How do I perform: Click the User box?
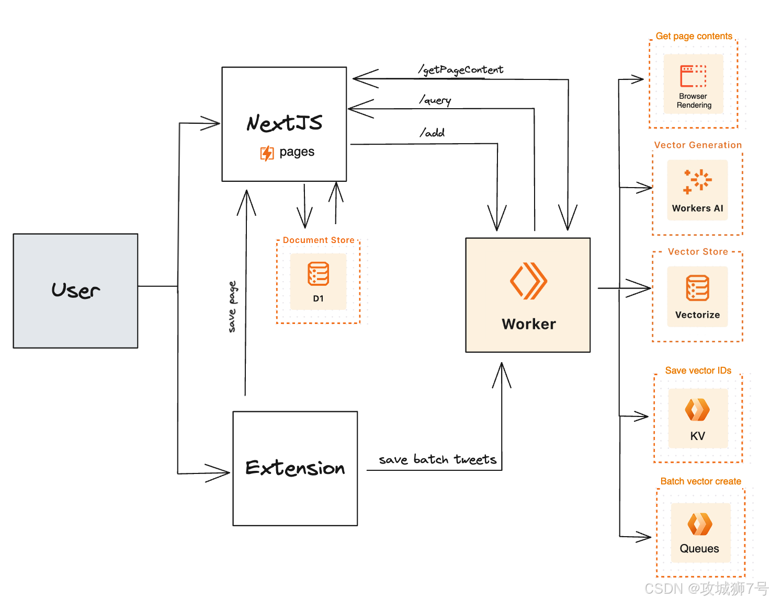pyautogui.click(x=75, y=291)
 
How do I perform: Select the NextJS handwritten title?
pyautogui.click(x=285, y=123)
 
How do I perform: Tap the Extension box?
pyautogui.click(x=295, y=468)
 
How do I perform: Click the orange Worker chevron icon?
pyautogui.click(x=528, y=281)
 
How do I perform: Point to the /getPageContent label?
pyautogui.click(x=461, y=70)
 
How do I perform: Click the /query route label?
pyautogui.click(x=435, y=100)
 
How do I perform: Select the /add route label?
pyautogui.click(x=432, y=133)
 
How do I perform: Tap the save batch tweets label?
pyautogui.click(x=437, y=459)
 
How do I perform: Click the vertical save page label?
pyautogui.click(x=232, y=307)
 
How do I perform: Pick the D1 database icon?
pyautogui.click(x=318, y=274)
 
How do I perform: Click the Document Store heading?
pyautogui.click(x=319, y=240)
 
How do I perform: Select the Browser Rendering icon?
pyautogui.click(x=693, y=76)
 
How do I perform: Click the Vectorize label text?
pyautogui.click(x=697, y=315)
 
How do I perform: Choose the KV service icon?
pyautogui.click(x=697, y=410)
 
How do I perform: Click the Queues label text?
pyautogui.click(x=699, y=548)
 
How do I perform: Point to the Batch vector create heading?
pyautogui.click(x=700, y=481)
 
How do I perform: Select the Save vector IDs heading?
pyautogui.click(x=698, y=370)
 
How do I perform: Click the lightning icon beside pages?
pyautogui.click(x=267, y=153)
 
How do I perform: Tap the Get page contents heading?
pyautogui.click(x=694, y=36)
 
